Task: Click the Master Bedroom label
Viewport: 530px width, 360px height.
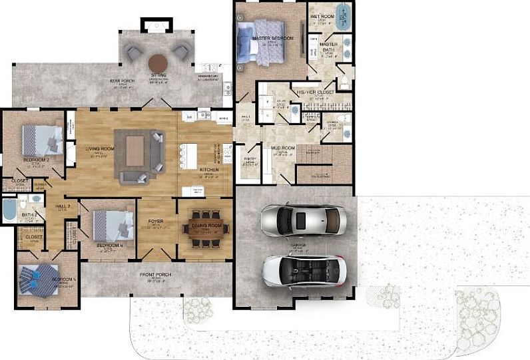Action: click(x=273, y=39)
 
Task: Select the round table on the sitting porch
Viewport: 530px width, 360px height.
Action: click(x=158, y=63)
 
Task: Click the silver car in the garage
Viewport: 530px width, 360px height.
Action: click(x=303, y=220)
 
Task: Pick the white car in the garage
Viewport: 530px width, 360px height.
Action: click(x=303, y=270)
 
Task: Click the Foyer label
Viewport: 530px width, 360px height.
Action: click(x=153, y=224)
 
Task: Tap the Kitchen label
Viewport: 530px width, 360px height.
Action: click(x=208, y=170)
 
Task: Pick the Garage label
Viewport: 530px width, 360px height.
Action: click(x=298, y=245)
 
